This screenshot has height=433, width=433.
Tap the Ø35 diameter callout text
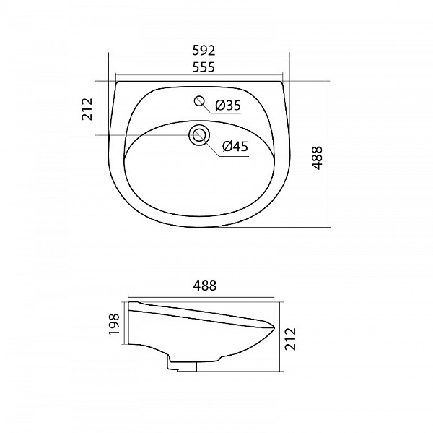pyautogui.click(x=228, y=106)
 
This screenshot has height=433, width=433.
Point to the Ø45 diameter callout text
pyautogui.click(x=235, y=146)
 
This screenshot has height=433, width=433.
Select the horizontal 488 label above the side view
pyautogui.click(x=204, y=286)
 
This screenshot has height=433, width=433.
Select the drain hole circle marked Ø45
pyautogui.click(x=198, y=134)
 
